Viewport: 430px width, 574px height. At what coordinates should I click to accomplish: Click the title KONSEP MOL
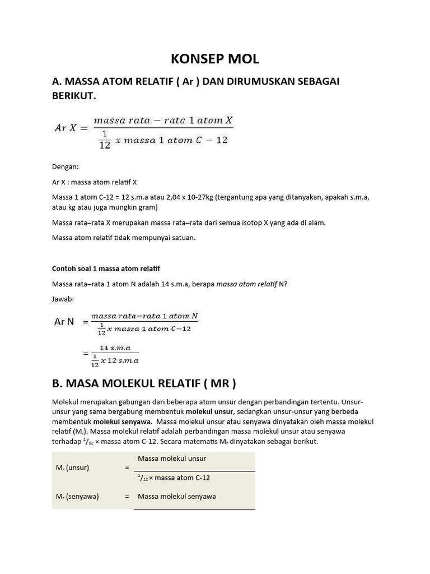215,59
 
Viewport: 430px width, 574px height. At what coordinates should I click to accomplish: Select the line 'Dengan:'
66,166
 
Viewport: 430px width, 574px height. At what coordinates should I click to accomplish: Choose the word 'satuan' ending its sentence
183,238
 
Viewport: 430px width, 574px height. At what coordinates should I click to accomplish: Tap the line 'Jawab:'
63,299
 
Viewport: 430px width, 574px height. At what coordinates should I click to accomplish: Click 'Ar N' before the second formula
64,322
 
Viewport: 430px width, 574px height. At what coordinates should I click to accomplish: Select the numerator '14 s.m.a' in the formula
115,348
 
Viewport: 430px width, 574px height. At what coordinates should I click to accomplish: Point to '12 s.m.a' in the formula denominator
123,360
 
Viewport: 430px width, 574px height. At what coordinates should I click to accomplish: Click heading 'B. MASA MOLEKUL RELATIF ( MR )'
144,384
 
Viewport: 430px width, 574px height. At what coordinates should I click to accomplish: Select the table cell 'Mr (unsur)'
74,467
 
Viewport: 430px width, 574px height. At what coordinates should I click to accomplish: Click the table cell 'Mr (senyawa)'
78,496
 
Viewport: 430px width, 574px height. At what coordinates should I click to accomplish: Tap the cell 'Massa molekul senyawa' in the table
176,496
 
